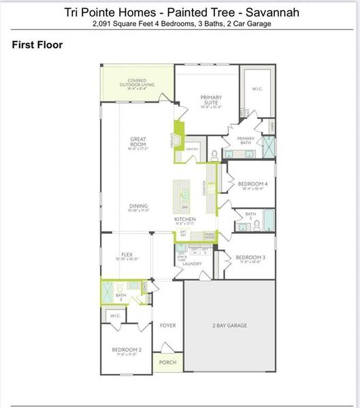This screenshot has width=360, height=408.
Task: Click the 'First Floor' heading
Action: [x=37, y=45]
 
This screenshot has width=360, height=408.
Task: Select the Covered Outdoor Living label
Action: [x=137, y=82]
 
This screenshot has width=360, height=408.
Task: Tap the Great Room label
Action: [x=138, y=142]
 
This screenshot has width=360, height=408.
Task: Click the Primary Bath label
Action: [x=246, y=140]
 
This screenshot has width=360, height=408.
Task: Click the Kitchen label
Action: [x=185, y=220]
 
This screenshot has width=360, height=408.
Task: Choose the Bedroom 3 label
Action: [x=249, y=258]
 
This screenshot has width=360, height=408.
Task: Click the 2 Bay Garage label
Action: [x=228, y=326]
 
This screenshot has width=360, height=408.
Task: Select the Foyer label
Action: [x=167, y=326]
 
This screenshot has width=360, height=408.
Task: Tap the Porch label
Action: [x=167, y=362]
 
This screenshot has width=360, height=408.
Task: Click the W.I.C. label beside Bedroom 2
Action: [x=115, y=316]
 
